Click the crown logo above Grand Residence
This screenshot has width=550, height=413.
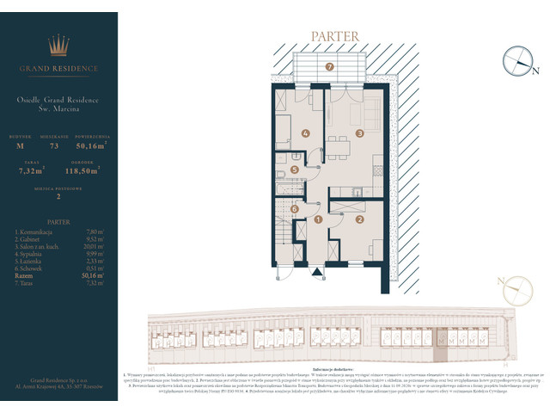click(58, 44)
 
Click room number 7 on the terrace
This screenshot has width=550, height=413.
click(329, 66)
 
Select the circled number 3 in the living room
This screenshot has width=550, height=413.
click(361, 133)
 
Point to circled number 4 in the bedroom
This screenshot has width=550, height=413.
click(306, 133)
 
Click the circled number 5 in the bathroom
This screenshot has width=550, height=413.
click(295, 170)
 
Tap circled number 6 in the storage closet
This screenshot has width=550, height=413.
click(294, 208)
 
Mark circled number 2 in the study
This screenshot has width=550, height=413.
click(361, 220)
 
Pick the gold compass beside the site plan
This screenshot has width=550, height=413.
click(518, 288)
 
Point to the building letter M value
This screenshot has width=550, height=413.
click(20, 147)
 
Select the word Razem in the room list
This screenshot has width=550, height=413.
click(24, 274)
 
